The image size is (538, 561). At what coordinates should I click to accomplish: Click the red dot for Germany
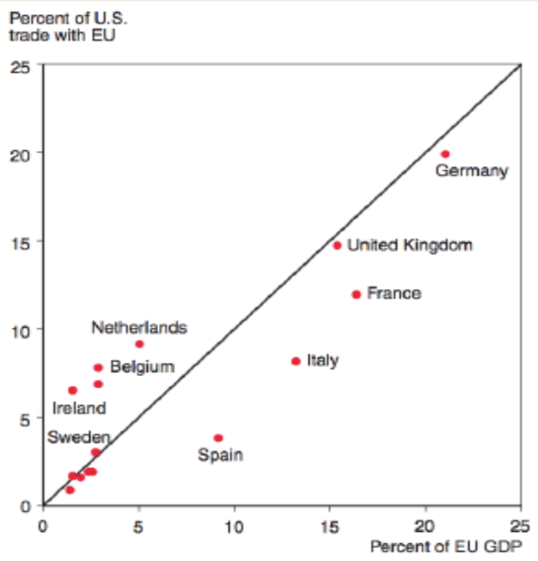tap(445, 154)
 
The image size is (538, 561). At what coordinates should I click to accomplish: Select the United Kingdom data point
tap(337, 245)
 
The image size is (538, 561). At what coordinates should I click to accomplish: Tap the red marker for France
tap(356, 294)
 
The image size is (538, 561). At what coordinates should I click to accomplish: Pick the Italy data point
tap(296, 362)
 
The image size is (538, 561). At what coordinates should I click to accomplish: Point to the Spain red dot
tap(218, 438)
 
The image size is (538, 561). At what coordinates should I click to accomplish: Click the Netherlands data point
tap(139, 344)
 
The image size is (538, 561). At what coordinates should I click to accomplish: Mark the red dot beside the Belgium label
tap(98, 367)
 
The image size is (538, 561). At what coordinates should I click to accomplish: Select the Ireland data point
tap(72, 390)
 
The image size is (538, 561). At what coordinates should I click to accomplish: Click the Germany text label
tap(472, 171)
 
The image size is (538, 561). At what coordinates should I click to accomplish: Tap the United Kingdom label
tap(410, 245)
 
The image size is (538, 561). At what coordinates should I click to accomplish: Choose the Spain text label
tap(221, 455)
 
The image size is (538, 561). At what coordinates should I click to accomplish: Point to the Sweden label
tap(79, 437)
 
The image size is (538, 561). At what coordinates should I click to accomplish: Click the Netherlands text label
tap(139, 328)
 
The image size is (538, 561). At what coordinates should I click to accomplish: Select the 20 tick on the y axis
tap(20, 156)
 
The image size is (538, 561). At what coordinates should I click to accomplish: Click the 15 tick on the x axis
tap(329, 526)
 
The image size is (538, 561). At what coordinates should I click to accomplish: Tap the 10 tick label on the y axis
tap(21, 332)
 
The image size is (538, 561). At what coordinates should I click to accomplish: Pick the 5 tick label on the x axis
tap(138, 526)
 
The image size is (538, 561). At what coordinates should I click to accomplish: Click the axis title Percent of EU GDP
tap(447, 547)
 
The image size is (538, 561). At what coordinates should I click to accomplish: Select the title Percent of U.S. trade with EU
tap(68, 27)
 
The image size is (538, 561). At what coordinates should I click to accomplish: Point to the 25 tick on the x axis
tap(520, 526)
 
